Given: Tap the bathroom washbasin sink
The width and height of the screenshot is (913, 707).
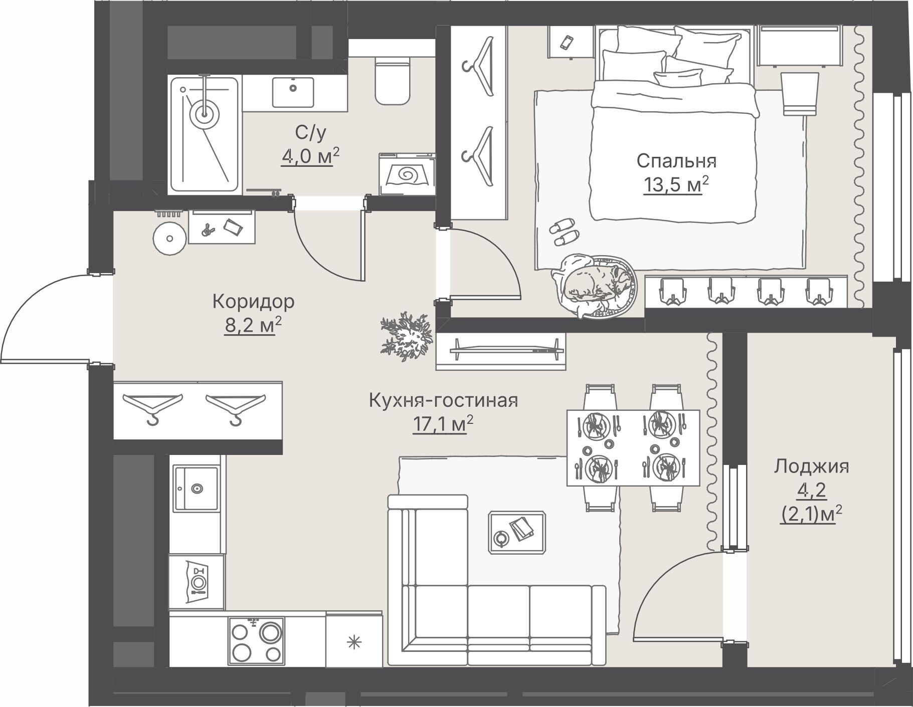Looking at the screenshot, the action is tap(293, 92).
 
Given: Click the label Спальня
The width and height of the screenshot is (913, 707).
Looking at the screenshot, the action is tap(676, 161).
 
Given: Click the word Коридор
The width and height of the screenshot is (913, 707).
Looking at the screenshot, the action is tap(253, 302).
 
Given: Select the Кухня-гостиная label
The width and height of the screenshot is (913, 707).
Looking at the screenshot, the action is tap(443, 401).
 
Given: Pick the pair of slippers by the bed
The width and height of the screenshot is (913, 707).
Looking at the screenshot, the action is tap(564, 232).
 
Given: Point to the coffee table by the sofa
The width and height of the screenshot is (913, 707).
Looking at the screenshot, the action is tap(517, 532).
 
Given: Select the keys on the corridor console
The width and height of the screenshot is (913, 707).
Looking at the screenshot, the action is tap(207, 229).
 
